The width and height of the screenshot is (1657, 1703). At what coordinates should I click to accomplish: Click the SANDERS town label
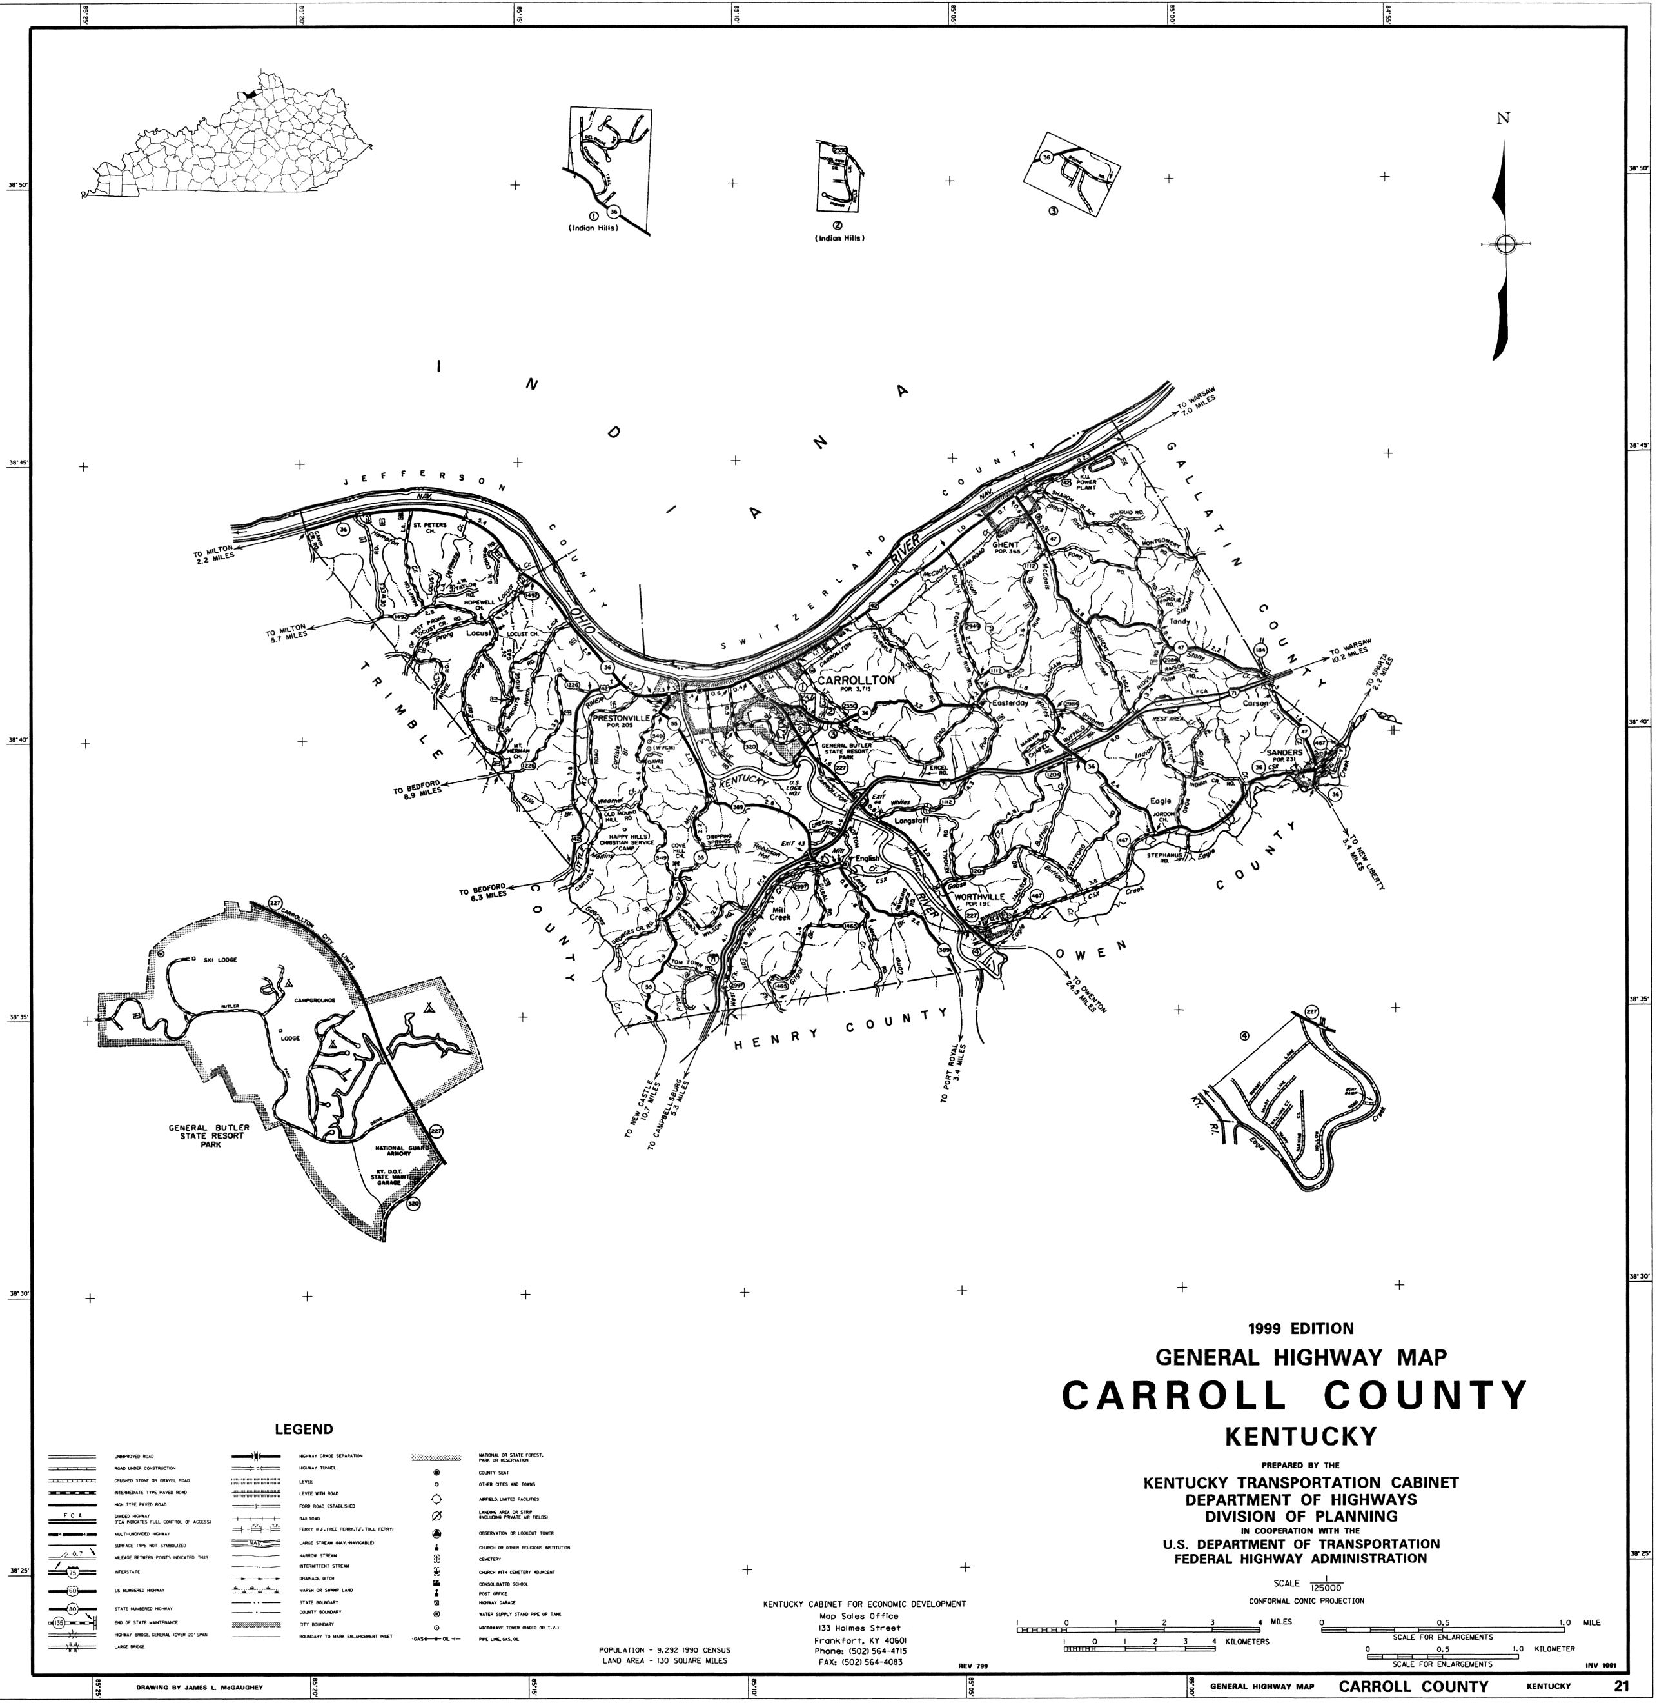1284,752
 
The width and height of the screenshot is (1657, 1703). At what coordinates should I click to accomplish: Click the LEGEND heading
304,1429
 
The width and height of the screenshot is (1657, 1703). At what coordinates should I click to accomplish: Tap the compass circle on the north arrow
1505,244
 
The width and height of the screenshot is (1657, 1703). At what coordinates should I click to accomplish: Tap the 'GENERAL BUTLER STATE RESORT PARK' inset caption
209,1136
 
